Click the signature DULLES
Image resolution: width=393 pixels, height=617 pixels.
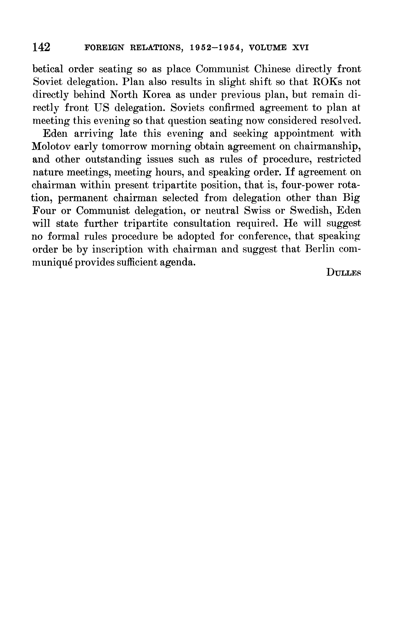pos(343,272)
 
